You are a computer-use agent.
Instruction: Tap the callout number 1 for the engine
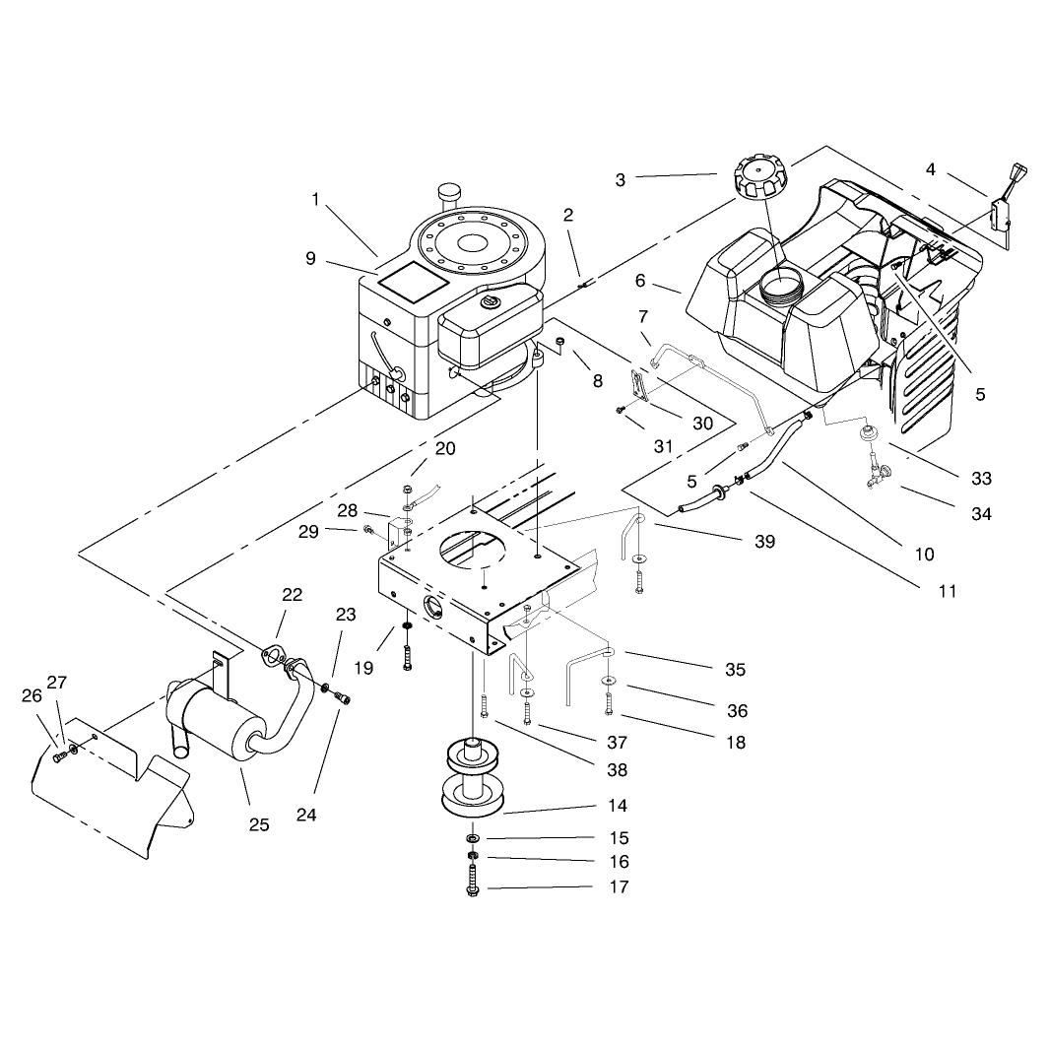[315, 199]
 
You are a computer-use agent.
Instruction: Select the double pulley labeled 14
[474, 776]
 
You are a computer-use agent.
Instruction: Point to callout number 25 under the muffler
[259, 824]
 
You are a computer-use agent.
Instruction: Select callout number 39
[764, 541]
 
